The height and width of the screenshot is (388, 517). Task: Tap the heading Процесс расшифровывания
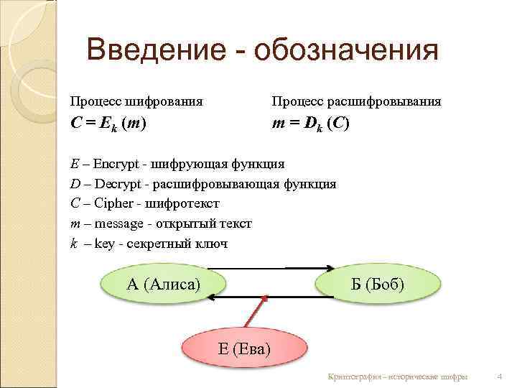coord(356,101)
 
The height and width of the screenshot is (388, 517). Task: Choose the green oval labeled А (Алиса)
coord(164,283)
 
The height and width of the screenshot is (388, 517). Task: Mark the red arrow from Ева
coord(258,311)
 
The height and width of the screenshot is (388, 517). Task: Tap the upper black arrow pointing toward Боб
coord(273,269)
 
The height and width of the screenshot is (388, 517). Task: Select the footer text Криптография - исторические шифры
coord(397,377)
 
